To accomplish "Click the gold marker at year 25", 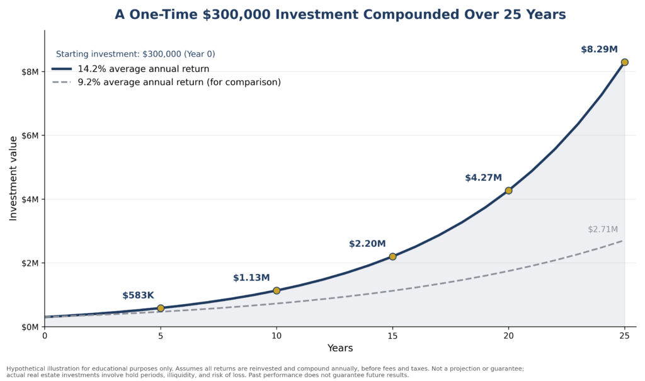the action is pos(624,62).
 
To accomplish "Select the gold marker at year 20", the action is pos(508,190).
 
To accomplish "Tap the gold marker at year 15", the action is pos(392,256).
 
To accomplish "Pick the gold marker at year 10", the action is pos(277,290).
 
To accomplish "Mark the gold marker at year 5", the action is pos(161,308).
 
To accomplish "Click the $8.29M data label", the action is pos(599,49).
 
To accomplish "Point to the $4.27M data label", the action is pos(483,178).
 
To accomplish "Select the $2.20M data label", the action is pos(367,244).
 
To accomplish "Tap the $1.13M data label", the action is pos(251,278).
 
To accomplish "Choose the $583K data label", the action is pos(138,295).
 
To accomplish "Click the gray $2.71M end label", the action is pos(603,229).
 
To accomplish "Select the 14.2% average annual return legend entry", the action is pos(131,69).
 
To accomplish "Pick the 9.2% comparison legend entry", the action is pos(166,82).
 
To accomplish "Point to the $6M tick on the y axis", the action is pos(30,135).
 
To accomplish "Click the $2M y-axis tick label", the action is pos(30,263).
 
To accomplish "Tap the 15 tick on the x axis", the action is pos(392,336).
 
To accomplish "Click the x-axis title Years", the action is pos(340,348).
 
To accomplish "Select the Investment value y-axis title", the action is pos(13,179).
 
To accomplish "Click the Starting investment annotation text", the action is pos(135,54).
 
